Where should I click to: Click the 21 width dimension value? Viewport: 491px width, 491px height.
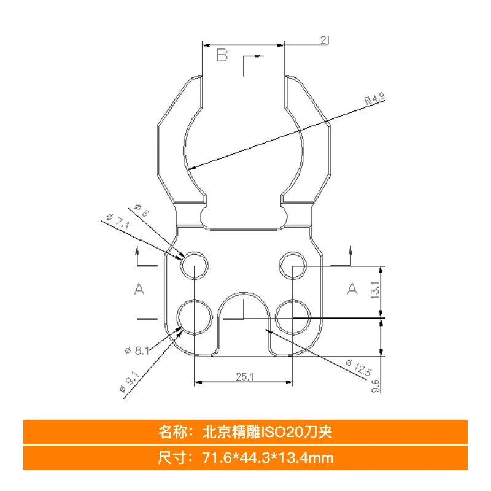coord(325,40)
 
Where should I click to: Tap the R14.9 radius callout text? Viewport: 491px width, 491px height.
coord(375,99)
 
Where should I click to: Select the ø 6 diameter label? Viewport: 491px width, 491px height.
coord(142,211)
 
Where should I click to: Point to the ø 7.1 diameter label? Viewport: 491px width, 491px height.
coord(118,221)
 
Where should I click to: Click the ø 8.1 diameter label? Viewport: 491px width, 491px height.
coord(137,350)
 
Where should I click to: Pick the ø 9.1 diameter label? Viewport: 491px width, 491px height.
coord(129,382)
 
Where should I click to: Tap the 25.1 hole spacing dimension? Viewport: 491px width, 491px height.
coord(244,377)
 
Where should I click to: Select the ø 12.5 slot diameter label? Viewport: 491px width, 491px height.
coord(359,368)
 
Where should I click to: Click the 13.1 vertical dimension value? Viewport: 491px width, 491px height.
coord(375,290)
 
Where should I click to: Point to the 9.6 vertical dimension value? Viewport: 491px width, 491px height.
coord(376,386)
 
